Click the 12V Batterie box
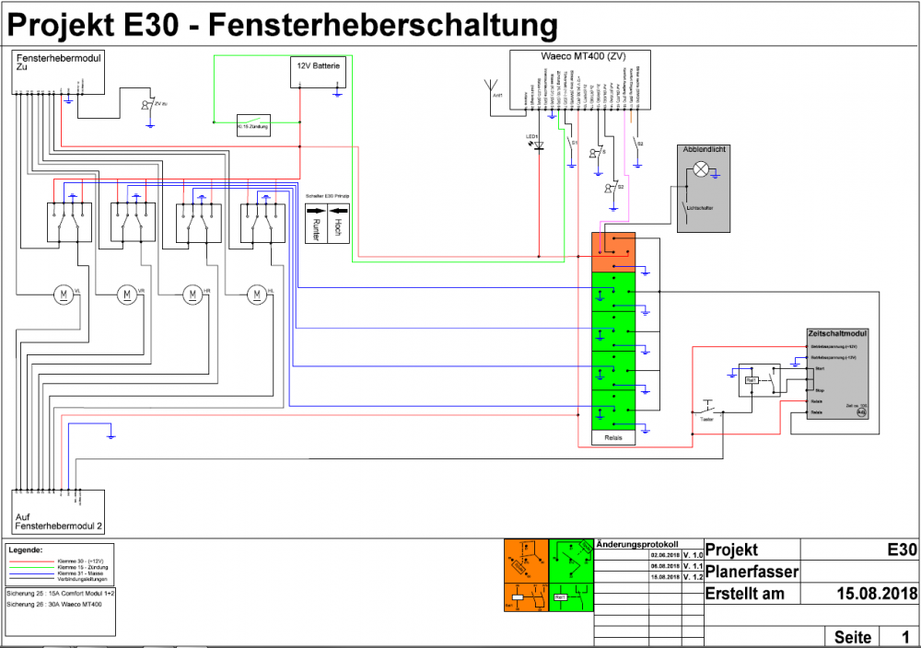click(x=319, y=72)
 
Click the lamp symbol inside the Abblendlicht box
click(x=702, y=168)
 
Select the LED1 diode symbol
click(x=539, y=145)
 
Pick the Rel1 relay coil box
click(x=752, y=378)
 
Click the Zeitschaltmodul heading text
click(x=837, y=334)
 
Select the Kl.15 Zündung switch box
click(x=253, y=127)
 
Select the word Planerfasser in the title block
click(x=752, y=573)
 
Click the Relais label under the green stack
click(x=613, y=438)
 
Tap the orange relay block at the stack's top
click(x=612, y=246)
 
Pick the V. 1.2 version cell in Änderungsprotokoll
click(x=693, y=577)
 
